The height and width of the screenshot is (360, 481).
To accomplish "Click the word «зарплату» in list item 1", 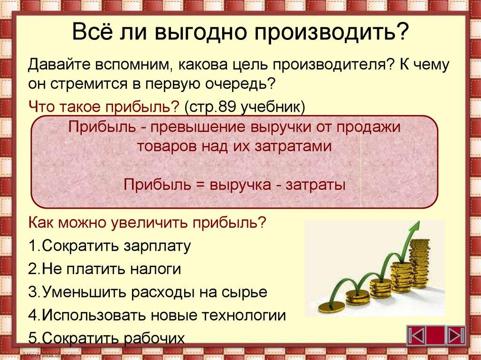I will (157, 246).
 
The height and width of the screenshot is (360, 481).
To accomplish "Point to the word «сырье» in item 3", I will (246, 292).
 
